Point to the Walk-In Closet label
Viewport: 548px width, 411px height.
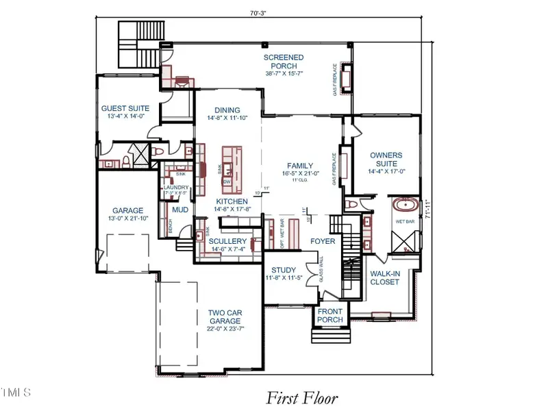coord(384,277)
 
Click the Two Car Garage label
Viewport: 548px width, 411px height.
coord(225,316)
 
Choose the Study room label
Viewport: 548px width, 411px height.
coord(283,270)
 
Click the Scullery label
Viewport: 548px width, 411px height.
coord(227,242)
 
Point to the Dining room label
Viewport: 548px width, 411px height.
coord(227,110)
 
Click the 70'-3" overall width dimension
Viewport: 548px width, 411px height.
coord(261,12)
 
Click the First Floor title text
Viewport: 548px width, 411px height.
coord(301,397)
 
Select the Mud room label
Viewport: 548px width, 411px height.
coord(180,210)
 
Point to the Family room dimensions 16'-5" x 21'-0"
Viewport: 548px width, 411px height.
coord(299,174)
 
